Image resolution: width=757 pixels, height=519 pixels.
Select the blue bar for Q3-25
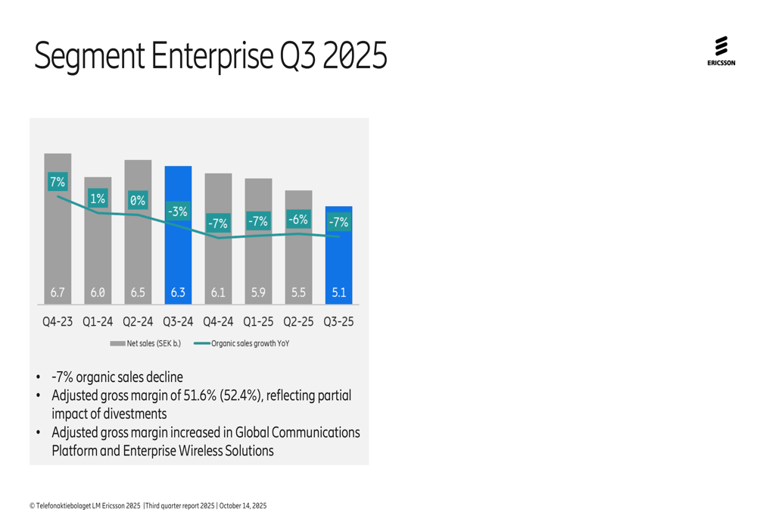click(338, 258)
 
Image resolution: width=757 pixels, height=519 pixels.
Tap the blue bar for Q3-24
click(178, 250)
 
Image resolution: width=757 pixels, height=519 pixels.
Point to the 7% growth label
click(58, 182)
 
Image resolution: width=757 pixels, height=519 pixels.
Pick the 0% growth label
click(137, 201)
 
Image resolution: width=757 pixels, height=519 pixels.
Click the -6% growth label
click(298, 220)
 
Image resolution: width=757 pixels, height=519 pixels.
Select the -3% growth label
click(178, 211)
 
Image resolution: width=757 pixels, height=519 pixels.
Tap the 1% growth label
click(98, 199)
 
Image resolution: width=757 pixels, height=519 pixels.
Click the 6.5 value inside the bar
click(138, 292)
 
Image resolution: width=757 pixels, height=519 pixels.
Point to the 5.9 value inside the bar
click(258, 292)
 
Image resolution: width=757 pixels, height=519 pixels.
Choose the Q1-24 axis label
click(98, 321)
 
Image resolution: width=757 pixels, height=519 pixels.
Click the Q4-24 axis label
click(218, 321)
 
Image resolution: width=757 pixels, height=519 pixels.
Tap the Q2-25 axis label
click(298, 321)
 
